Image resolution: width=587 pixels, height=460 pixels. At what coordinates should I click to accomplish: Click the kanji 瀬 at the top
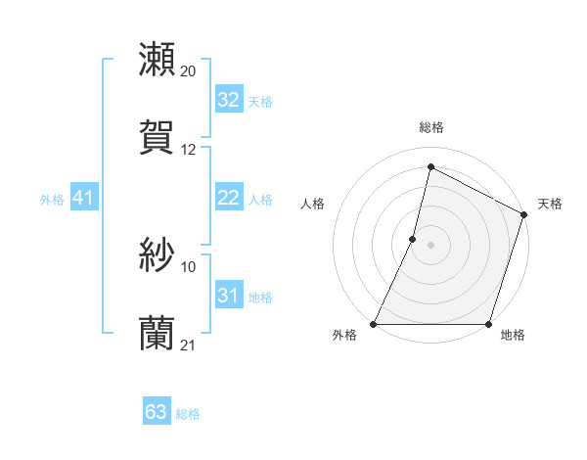(x=158, y=60)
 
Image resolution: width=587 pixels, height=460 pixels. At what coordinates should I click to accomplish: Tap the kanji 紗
(x=158, y=255)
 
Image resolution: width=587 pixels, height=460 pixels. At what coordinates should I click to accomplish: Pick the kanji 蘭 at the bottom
(x=158, y=333)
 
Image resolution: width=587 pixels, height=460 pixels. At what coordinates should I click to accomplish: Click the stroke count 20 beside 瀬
(x=189, y=71)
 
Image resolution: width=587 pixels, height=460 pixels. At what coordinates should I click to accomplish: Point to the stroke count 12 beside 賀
(x=189, y=150)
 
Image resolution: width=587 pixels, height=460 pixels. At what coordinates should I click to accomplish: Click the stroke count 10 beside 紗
(x=189, y=266)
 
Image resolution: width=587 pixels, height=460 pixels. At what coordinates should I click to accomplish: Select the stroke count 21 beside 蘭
(x=189, y=345)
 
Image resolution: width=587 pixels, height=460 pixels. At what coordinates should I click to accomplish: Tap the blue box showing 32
(x=228, y=100)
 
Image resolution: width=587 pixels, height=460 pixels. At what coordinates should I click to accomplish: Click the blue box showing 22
(x=228, y=198)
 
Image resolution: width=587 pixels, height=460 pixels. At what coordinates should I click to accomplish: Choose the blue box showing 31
(x=228, y=296)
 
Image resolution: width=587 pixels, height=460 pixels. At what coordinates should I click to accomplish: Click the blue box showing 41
(x=83, y=198)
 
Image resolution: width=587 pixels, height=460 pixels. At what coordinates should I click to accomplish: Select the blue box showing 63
(x=156, y=412)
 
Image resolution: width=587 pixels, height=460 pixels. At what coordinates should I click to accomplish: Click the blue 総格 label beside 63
(x=188, y=414)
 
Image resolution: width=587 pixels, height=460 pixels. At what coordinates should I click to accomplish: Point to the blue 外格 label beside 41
(x=52, y=200)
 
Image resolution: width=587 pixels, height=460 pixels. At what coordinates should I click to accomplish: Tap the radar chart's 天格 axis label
(x=551, y=204)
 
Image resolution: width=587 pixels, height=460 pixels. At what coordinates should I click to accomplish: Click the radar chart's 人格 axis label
(x=312, y=204)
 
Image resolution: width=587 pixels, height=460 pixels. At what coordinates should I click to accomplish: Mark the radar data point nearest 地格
(x=488, y=324)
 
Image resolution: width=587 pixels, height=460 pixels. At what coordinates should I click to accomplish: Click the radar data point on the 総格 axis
(x=430, y=167)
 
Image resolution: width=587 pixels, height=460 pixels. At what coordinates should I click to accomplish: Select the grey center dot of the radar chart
(x=430, y=245)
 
